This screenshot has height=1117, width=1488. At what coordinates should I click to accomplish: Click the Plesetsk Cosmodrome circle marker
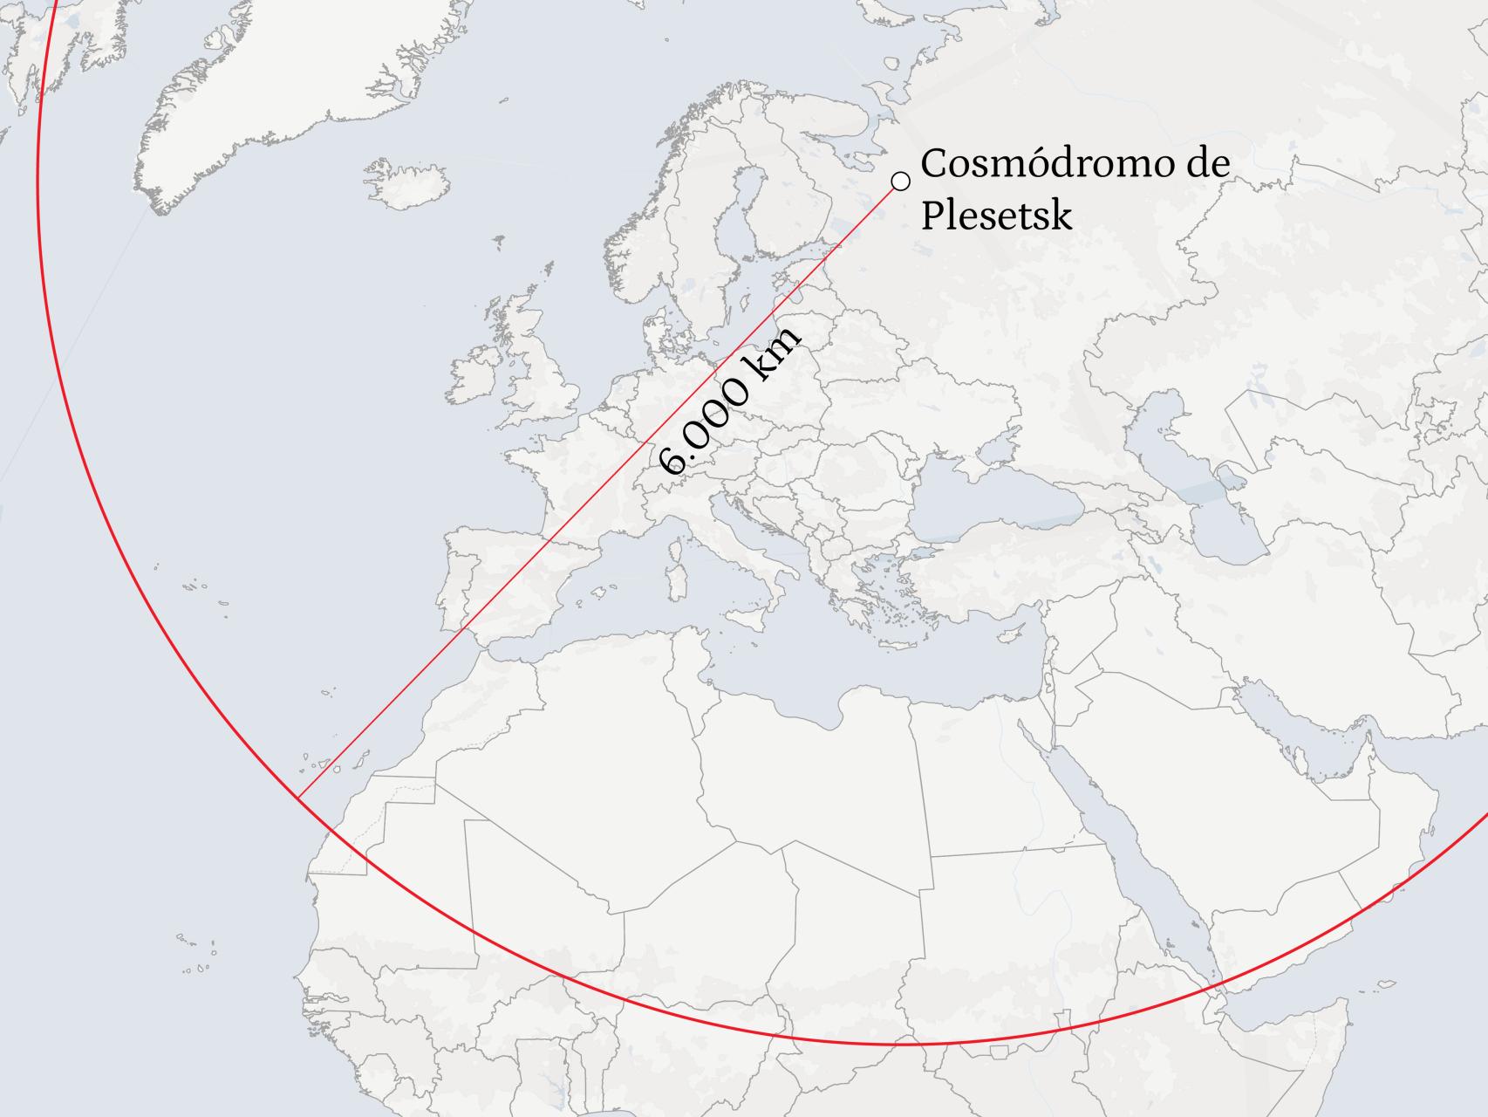click(901, 182)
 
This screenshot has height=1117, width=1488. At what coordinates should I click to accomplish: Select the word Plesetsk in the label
click(995, 216)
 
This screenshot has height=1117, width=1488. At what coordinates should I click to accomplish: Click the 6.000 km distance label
click(729, 403)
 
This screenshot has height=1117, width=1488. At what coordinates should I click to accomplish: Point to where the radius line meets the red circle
click(297, 797)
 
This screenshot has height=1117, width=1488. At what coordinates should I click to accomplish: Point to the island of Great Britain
click(541, 367)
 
